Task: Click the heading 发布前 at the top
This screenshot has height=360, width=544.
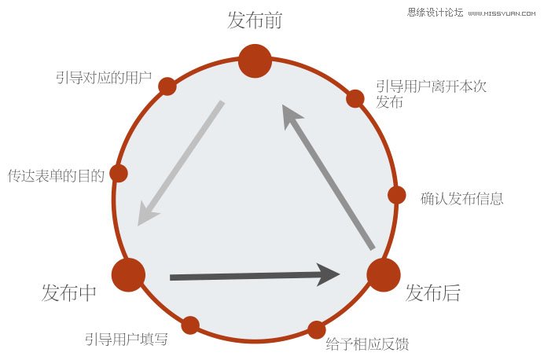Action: point(255,20)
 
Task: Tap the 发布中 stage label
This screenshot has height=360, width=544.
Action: point(68,292)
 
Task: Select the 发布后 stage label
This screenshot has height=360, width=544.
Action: point(432,292)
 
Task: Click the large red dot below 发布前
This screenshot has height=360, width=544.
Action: point(255,61)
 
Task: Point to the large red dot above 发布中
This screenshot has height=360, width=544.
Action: point(128,274)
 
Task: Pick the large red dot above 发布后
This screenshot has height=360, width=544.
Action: point(384,274)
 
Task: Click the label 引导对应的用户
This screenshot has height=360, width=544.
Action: point(104,77)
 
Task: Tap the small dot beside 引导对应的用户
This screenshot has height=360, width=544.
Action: point(167,86)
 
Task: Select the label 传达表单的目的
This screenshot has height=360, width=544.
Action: point(56,176)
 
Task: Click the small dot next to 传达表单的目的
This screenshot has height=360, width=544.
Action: point(119,173)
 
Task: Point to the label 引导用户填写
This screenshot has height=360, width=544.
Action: point(127,339)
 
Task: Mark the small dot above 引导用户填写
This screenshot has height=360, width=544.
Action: point(190,325)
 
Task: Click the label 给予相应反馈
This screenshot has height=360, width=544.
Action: point(367,343)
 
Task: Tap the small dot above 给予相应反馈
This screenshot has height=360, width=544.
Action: point(316,329)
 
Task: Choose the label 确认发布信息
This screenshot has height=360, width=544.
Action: point(461,199)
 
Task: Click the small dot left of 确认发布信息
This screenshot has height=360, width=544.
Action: point(396,195)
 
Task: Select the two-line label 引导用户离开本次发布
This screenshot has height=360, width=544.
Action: point(432,94)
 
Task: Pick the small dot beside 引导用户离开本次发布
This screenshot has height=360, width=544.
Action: point(355,98)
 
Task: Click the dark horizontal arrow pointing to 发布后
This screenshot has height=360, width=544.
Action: point(255,275)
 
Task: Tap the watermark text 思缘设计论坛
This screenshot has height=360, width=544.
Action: point(435,13)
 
